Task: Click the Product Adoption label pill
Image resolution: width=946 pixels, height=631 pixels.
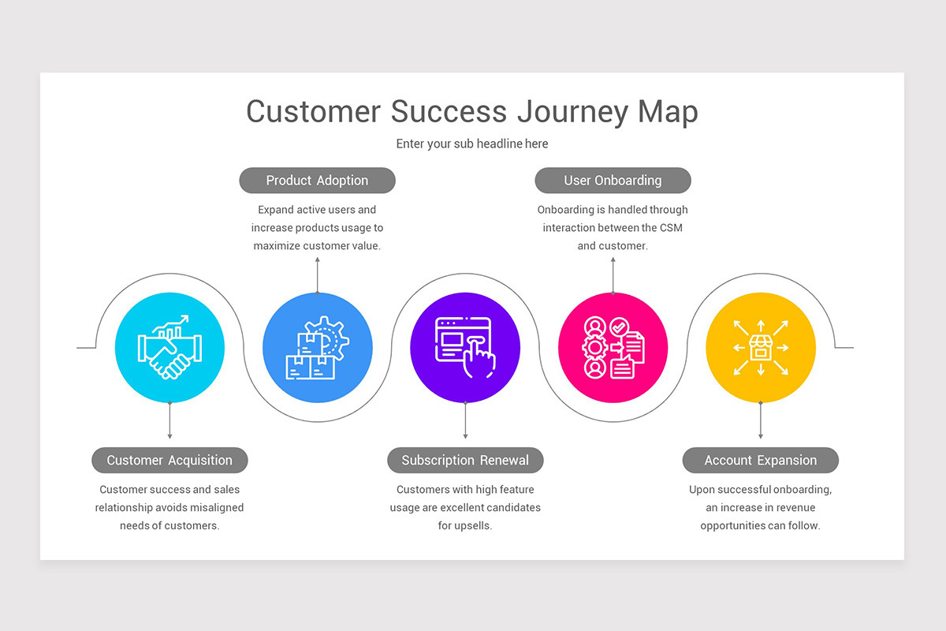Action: click(x=317, y=181)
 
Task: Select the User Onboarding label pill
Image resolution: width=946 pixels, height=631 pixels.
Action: click(x=613, y=181)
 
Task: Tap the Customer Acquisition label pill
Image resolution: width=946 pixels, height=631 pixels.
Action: click(x=169, y=461)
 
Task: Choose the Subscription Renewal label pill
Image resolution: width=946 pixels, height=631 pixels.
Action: click(x=465, y=461)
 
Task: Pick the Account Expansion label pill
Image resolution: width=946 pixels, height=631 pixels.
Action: click(x=760, y=461)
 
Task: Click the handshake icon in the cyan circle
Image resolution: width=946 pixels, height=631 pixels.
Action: click(x=169, y=348)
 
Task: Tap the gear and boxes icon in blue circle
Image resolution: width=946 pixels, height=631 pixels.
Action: click(x=317, y=348)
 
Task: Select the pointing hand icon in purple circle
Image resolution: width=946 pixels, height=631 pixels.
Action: click(x=465, y=348)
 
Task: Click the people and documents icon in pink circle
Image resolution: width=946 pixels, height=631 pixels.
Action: click(x=613, y=348)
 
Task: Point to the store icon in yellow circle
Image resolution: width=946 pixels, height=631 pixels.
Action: click(x=760, y=348)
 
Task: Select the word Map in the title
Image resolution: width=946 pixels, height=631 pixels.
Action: click(x=668, y=112)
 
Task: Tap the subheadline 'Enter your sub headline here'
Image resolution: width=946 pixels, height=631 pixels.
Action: click(x=472, y=144)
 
